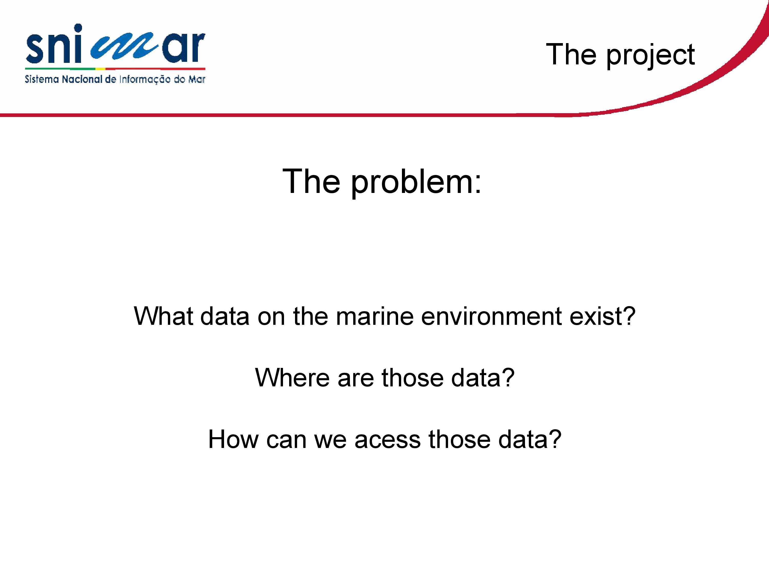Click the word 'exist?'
pyautogui.click(x=602, y=316)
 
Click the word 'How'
pyautogui.click(x=233, y=439)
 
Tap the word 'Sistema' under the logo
pyautogui.click(x=42, y=79)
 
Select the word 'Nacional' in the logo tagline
pyautogui.click(x=82, y=79)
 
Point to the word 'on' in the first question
pyautogui.click(x=271, y=317)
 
